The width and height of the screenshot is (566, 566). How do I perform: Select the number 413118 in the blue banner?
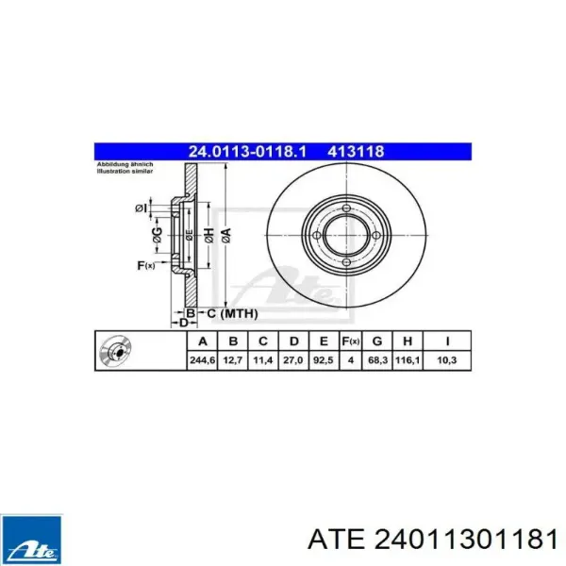[x=356, y=152]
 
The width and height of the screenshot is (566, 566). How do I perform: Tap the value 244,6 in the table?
[x=201, y=360]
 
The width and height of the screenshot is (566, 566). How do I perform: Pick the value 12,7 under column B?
[x=232, y=360]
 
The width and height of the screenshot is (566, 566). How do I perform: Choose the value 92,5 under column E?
[x=324, y=360]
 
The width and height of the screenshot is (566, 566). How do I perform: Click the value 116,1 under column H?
[x=408, y=360]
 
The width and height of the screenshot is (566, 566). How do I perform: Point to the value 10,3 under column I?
[x=447, y=360]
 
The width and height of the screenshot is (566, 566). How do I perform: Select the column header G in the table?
[x=376, y=341]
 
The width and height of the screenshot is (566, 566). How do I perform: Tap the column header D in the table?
[x=294, y=341]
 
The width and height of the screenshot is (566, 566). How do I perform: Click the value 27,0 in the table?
[x=294, y=360]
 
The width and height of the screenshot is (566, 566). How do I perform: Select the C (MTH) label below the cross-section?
[x=228, y=312]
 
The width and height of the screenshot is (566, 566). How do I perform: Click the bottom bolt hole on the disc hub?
[x=346, y=262]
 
